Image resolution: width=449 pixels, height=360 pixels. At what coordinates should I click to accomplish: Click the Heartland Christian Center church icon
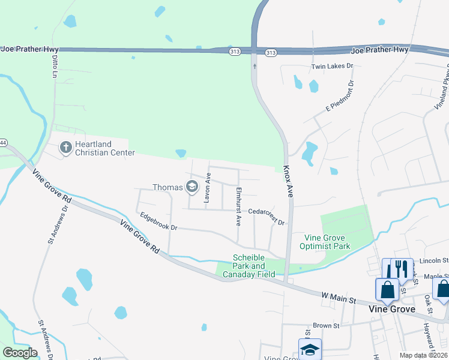point(66,146)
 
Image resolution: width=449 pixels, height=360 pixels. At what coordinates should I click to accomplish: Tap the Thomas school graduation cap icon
point(192,187)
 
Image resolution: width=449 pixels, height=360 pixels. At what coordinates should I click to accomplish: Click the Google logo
point(20,353)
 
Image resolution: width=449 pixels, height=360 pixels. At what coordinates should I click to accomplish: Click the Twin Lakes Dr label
point(332,66)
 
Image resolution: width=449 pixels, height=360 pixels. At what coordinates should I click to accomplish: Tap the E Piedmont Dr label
point(341,97)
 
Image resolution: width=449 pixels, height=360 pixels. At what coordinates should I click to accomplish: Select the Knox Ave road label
point(288,182)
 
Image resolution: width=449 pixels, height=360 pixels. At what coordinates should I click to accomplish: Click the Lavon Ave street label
point(208,190)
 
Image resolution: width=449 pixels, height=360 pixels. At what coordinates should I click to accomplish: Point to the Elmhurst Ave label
point(238,206)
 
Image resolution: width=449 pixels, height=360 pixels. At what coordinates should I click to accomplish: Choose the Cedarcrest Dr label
point(266,217)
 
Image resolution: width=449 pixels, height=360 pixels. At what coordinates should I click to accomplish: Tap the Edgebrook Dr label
point(158,222)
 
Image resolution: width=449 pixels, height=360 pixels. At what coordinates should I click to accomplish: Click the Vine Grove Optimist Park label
point(328,242)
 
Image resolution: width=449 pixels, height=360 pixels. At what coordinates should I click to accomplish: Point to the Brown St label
point(326,326)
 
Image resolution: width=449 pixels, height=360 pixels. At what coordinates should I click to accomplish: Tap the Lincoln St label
point(434,261)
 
